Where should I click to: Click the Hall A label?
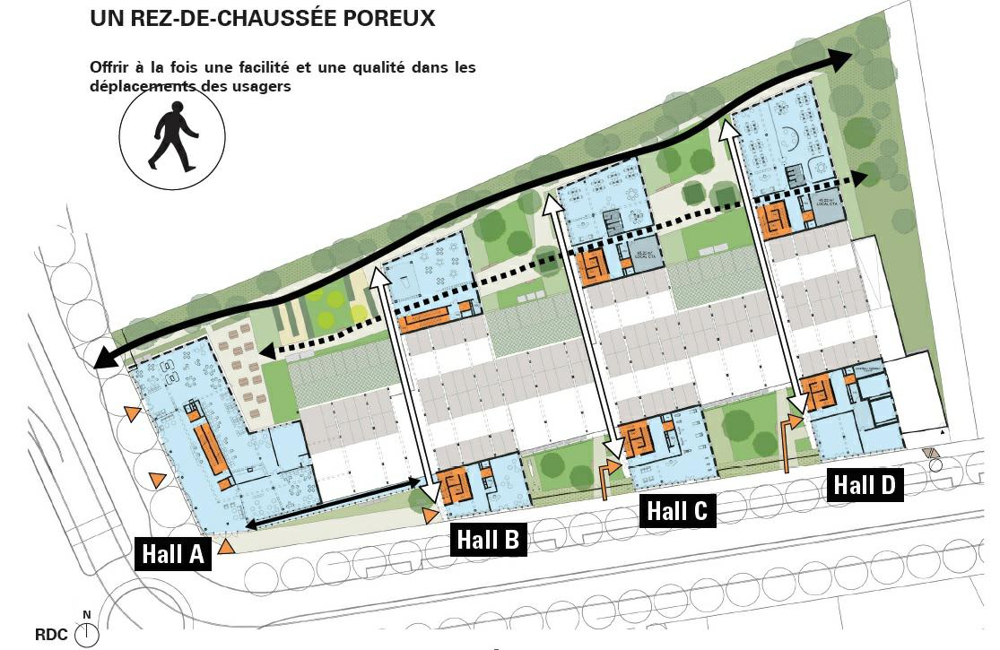173,554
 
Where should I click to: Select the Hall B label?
488,540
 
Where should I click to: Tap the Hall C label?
677,511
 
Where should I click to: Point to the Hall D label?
865,485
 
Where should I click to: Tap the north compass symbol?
87,633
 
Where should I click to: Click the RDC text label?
51,635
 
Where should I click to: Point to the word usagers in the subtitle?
262,87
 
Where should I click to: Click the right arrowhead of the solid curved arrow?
841,59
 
